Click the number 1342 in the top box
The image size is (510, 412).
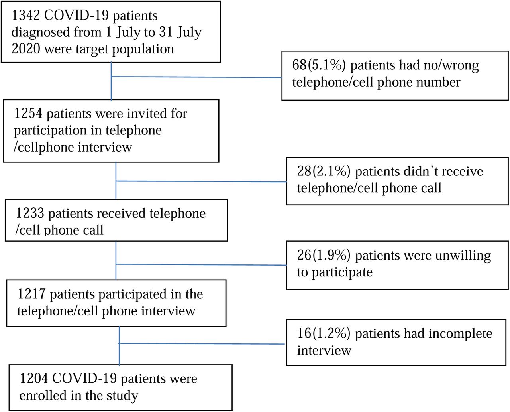(25, 16)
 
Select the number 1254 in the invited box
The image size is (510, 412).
(28, 113)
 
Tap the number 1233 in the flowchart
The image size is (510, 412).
(30, 213)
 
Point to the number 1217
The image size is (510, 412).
(31, 294)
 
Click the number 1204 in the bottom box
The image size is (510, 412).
(34, 378)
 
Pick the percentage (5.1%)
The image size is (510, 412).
(326, 65)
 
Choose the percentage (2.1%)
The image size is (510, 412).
(331, 172)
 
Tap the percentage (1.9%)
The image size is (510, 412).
(331, 255)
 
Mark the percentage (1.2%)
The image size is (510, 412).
(331, 333)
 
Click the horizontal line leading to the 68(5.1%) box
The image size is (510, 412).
(196, 77)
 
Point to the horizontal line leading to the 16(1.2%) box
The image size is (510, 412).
(202, 344)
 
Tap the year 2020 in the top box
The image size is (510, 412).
(26, 49)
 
